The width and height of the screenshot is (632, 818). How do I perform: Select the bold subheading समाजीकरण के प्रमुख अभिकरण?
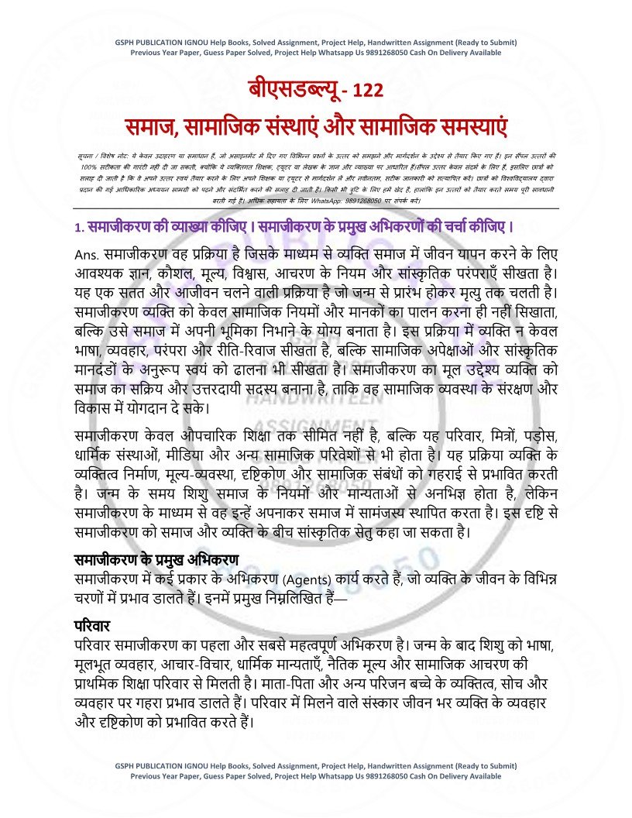pos(156,559)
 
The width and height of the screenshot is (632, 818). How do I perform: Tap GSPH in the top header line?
pos(125,41)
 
